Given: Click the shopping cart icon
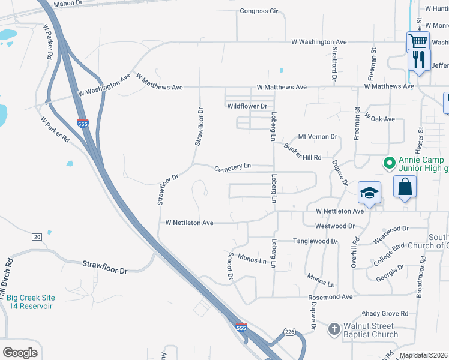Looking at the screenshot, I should (418, 41).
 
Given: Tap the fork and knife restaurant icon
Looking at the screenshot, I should (419, 59).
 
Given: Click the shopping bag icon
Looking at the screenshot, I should (405, 187).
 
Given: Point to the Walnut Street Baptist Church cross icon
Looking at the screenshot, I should (334, 329).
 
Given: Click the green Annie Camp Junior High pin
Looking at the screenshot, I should (389, 163).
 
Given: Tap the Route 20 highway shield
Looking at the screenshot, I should (36, 236).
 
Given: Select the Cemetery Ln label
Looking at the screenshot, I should (233, 168).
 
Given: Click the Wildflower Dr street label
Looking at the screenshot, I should (247, 106).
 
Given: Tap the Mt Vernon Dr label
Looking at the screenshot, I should (318, 137).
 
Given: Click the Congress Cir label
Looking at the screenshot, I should (259, 11).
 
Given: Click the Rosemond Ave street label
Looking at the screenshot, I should (330, 297).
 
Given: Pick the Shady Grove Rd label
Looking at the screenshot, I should (385, 314).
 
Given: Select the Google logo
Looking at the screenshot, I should (20, 353).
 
